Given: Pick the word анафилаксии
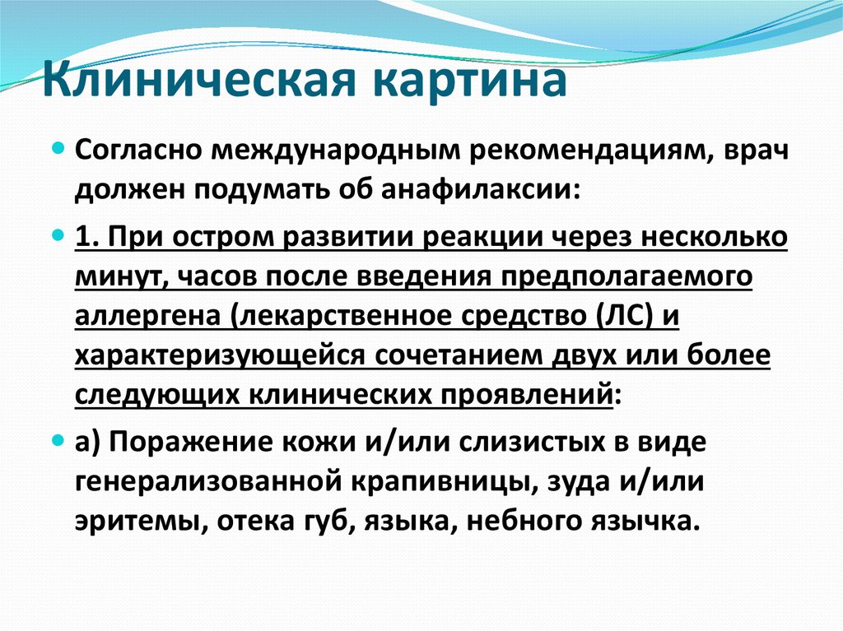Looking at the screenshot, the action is coord(481,190).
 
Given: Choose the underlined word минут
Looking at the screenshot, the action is coord(120,276).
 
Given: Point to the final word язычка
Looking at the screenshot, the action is coord(645,522).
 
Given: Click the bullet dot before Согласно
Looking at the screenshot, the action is coord(58,146).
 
